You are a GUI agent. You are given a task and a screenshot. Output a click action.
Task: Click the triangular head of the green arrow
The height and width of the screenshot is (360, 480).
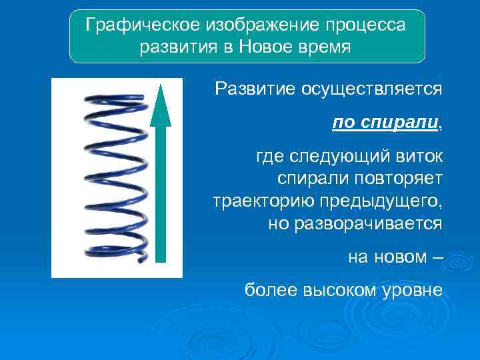click(x=160, y=105)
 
